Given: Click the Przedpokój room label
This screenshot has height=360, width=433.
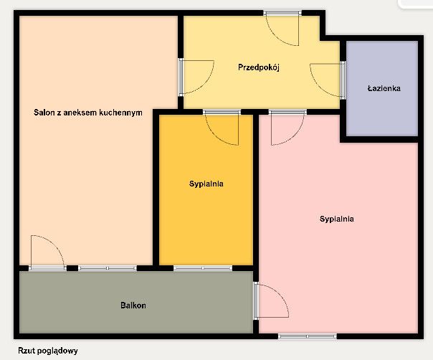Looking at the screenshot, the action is point(259,67).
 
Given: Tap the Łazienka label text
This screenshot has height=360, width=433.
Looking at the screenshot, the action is point(384,88).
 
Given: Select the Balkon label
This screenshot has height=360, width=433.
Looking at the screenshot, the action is point(133,305).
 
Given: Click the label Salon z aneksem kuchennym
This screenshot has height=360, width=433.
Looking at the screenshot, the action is point(87,113).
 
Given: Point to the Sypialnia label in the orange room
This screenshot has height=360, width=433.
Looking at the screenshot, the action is point(206,184).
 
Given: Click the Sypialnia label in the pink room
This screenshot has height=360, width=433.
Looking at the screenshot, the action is point(337,219).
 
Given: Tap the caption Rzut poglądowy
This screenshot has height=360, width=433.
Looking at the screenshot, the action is point(48,351).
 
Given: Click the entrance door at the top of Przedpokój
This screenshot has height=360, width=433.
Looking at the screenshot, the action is point(282,29).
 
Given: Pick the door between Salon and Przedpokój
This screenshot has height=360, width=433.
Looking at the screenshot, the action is point(196,77).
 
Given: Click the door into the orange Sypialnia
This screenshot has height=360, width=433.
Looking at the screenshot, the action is point(222,128).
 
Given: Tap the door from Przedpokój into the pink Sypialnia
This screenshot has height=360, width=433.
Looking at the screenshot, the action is point(287,128).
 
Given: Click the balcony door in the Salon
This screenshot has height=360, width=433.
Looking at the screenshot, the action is point(47,252).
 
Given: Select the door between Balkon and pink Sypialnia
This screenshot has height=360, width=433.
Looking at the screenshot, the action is point(271,300).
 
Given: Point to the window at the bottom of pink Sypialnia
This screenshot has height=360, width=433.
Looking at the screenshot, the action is point(308,336).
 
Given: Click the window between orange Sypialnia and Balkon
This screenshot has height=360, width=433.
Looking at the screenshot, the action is point(203,268).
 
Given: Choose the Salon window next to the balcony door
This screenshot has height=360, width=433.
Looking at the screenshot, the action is point(108,268).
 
